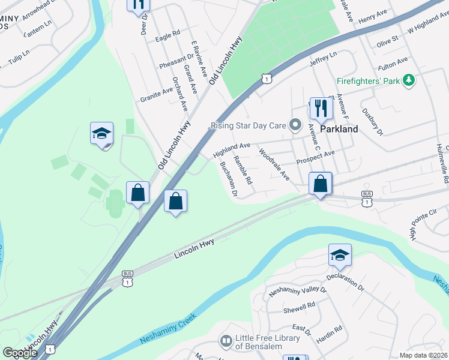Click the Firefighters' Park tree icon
409,80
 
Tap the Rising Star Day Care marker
295,125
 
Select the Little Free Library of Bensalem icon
226,342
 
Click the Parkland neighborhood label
339,129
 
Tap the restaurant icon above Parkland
321,107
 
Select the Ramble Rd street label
243,170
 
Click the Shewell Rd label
300,307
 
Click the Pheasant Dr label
176,61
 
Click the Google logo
20,353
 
